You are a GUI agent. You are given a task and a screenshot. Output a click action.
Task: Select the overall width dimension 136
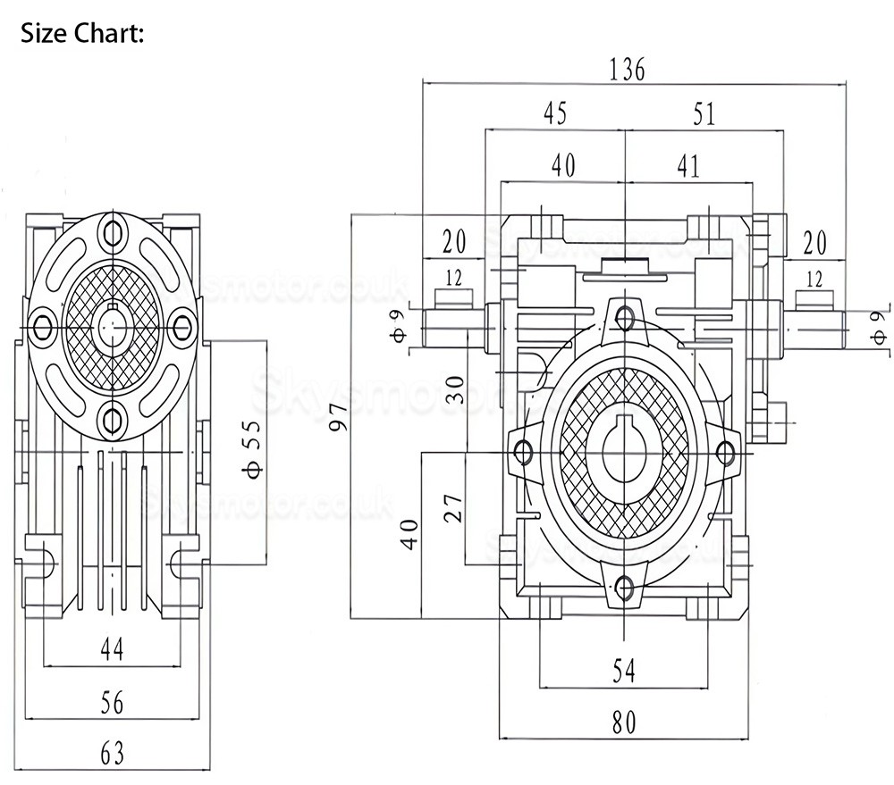(627, 70)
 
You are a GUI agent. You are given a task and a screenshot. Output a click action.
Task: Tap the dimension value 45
(554, 114)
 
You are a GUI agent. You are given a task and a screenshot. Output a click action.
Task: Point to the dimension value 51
(704, 114)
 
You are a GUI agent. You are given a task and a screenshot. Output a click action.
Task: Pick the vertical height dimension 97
(339, 415)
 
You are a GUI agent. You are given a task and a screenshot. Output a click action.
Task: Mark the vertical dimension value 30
(456, 388)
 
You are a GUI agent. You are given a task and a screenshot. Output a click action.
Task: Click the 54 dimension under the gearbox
(625, 671)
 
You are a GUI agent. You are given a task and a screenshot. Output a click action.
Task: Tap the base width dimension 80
(625, 722)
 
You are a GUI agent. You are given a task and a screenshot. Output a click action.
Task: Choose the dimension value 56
(111, 703)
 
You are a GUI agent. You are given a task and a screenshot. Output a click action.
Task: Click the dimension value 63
(111, 754)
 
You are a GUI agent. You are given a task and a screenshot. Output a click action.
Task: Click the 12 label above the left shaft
(454, 279)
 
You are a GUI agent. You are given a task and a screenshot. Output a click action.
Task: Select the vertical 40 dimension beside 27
(409, 534)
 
